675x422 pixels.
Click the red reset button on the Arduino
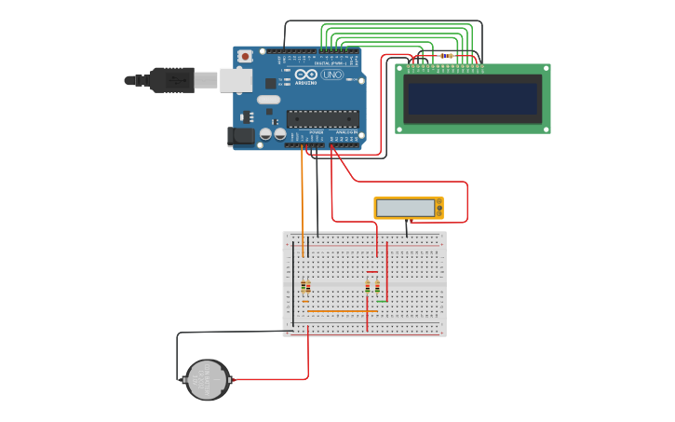(245, 56)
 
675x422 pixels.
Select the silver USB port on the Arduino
(235, 80)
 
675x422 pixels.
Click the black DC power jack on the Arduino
(241, 136)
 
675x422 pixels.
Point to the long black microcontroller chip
(322, 118)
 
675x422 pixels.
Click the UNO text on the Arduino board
(332, 75)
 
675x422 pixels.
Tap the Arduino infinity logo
(307, 75)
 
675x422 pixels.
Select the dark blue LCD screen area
(472, 99)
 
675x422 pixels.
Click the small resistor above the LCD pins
(446, 56)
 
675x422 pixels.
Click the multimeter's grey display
(406, 208)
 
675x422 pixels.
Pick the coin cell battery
(207, 380)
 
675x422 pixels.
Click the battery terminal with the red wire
(230, 380)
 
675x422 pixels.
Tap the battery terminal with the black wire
(183, 379)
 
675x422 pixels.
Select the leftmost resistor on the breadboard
(303, 286)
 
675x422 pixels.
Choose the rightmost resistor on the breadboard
(377, 286)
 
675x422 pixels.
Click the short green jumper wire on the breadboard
(382, 301)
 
